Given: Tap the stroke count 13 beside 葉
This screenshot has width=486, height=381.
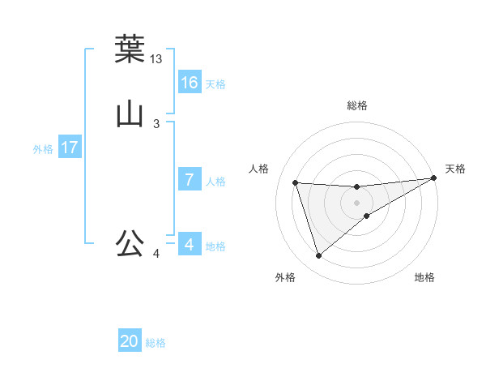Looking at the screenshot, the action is [156, 59].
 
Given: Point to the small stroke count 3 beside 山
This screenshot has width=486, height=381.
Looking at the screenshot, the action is [156, 124].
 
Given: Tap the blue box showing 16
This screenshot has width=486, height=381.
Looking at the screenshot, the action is [190, 83].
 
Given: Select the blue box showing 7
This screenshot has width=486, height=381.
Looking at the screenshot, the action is [190, 180].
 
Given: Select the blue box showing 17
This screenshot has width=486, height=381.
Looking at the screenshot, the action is [70, 148].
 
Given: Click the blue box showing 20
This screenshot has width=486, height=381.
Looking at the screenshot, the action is [130, 342].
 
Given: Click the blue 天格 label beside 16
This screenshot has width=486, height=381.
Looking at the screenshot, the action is [215, 84].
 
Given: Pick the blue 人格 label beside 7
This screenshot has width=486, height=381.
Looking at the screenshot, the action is [215, 182].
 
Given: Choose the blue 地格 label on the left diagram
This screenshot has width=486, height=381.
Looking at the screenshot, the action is [215, 246].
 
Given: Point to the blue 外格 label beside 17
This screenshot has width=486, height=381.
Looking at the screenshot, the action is [43, 149].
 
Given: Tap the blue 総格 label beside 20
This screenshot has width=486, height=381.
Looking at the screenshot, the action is [156, 344].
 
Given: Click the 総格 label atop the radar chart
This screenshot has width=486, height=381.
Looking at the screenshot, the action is [357, 105].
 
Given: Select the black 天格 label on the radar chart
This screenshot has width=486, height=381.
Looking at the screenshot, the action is [455, 169].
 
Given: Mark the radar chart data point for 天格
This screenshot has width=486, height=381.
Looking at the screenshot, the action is [433, 178].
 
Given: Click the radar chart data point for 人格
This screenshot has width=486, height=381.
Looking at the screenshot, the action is [296, 182].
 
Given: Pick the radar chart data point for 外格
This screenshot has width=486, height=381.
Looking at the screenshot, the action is [318, 256].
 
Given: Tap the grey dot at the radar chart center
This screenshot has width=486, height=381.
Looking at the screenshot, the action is [357, 203].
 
